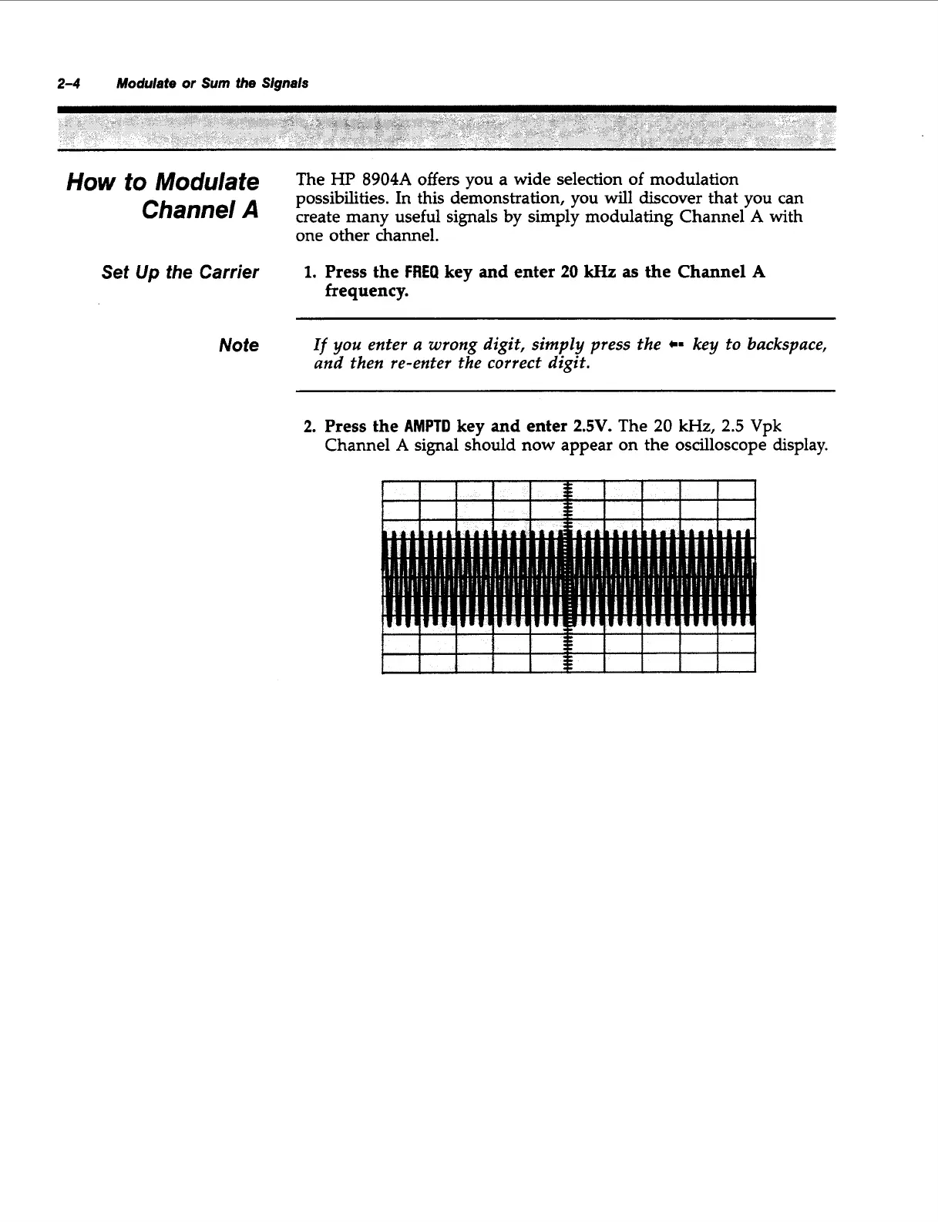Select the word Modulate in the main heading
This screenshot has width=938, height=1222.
[207, 183]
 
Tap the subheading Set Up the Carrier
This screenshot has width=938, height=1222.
[180, 273]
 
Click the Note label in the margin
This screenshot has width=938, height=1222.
[239, 345]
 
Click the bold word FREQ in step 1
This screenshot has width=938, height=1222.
[420, 273]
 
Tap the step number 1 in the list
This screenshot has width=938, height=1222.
[309, 273]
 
